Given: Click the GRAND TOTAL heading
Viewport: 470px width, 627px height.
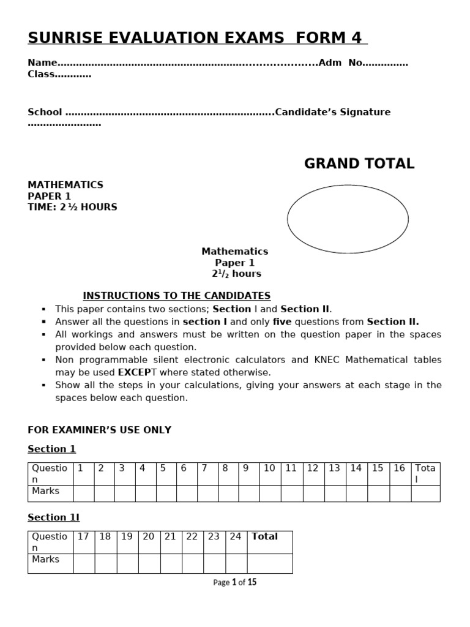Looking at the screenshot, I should click(x=359, y=163).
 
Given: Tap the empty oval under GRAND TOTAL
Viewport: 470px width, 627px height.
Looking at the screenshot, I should click(x=348, y=219).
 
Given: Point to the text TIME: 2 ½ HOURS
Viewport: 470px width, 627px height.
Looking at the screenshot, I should click(x=72, y=207).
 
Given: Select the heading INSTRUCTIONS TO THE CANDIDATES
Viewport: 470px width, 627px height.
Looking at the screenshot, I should click(x=176, y=296).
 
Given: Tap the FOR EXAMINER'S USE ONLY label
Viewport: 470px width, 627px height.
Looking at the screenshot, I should click(x=99, y=430).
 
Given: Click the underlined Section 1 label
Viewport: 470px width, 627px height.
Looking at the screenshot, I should click(x=51, y=449).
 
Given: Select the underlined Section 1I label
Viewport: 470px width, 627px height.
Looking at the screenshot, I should click(x=54, y=517).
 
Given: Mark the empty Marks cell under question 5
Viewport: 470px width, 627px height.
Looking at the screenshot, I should click(x=166, y=494).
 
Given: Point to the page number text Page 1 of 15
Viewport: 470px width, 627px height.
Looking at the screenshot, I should click(x=235, y=582).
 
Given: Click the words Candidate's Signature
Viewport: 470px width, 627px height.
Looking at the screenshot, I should click(x=333, y=112).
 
